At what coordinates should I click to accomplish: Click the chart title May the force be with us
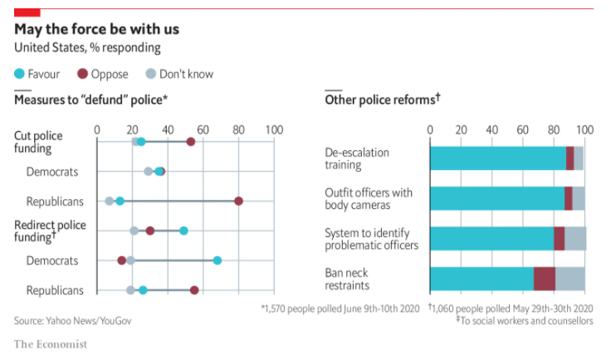[96, 30]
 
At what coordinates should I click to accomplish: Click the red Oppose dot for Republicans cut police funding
[239, 201]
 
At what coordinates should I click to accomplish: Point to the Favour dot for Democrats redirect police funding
[218, 260]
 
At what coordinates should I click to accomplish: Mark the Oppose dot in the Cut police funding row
[191, 142]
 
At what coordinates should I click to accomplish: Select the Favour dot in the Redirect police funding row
[183, 231]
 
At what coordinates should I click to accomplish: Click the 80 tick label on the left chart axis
[238, 129]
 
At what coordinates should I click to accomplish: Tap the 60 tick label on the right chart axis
[522, 129]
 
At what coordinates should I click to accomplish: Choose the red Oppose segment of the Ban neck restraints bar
[545, 279]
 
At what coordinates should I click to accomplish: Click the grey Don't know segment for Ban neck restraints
[570, 279]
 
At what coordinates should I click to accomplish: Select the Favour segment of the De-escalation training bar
[497, 158]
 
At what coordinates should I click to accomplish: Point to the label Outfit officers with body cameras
[368, 199]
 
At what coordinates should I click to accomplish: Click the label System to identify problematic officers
[371, 239]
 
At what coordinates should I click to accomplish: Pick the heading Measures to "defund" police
[91, 100]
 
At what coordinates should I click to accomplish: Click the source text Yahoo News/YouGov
[73, 320]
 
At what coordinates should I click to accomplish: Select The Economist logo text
[50, 344]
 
